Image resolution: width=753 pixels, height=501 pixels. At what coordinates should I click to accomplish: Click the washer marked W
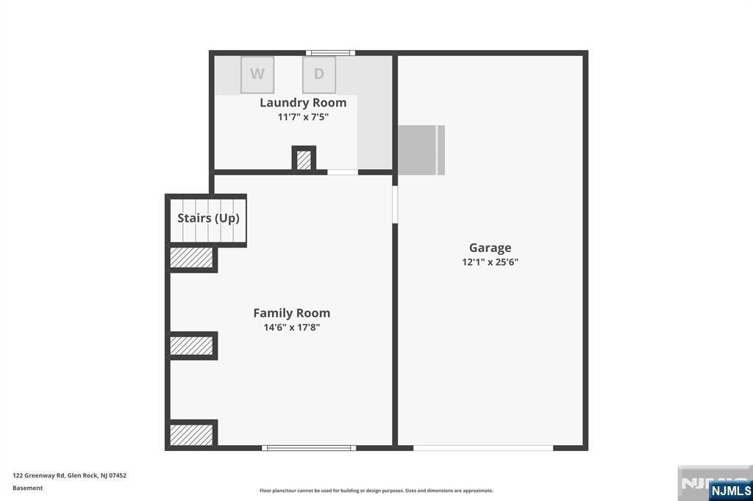257,75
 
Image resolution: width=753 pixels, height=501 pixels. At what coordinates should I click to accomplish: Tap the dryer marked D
319,75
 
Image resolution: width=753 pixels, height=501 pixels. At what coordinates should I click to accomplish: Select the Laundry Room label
303,103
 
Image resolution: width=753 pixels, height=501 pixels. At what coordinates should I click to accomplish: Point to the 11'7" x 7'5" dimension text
303,117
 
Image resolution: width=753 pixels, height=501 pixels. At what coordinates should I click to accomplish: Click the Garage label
490,248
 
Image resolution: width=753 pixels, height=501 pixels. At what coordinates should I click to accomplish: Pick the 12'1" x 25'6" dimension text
490,262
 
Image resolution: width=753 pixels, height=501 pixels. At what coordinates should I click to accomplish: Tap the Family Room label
291,313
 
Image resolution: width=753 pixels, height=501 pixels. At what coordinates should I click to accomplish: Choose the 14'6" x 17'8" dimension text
291,328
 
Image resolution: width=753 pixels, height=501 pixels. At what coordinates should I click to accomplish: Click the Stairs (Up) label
208,218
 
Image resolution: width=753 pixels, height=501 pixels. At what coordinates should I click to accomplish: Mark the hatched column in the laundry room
304,159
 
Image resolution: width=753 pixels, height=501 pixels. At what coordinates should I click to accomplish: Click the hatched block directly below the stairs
191,258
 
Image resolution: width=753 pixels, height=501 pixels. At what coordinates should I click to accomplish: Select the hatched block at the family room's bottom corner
191,435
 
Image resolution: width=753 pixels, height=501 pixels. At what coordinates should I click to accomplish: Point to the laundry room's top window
330,53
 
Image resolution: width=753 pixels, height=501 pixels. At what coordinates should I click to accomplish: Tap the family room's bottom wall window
309,448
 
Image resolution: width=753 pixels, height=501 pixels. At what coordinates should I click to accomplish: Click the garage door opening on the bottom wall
483,448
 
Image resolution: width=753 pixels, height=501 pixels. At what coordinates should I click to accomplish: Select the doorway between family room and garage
395,204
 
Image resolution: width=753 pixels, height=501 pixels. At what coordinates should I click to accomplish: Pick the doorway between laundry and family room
343,172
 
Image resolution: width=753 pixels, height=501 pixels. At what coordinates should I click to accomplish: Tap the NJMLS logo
730,491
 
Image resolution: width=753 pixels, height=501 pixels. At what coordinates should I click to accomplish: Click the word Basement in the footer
27,488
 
